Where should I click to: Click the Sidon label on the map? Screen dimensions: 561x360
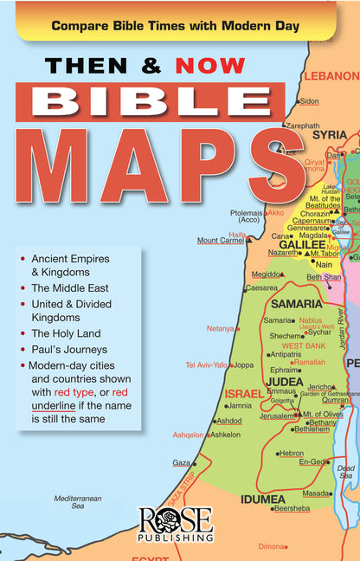tap(310, 101)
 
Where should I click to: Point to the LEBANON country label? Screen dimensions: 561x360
tap(331, 75)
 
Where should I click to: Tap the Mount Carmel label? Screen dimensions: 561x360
tap(220, 241)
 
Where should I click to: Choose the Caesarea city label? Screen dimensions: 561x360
tap(261, 287)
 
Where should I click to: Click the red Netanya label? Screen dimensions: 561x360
tap(221, 329)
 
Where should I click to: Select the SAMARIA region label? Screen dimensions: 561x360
tap(296, 304)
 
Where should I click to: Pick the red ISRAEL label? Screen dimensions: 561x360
tap(244, 393)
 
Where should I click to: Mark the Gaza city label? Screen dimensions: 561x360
tap(181, 463)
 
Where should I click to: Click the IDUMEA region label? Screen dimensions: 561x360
tap(263, 499)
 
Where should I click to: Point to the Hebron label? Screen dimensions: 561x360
tap(291, 453)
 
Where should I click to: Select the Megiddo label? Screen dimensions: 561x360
tap(267, 274)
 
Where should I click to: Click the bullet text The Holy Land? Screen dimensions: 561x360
tap(66, 332)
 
